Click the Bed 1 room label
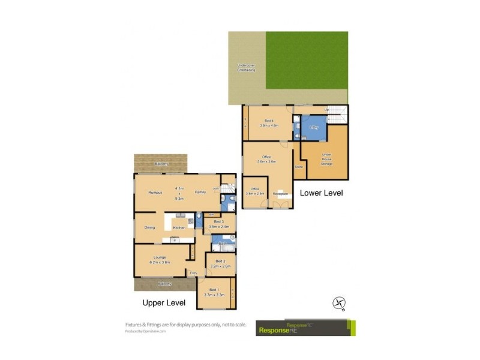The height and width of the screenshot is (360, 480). (x=214, y=292)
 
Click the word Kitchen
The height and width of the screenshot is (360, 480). (x=179, y=228)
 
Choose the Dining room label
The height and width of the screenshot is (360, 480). (x=149, y=227)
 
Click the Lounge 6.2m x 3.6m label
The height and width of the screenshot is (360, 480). (x=160, y=259)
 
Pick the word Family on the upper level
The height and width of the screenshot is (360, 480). (x=200, y=192)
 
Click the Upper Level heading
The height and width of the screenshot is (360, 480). (x=164, y=302)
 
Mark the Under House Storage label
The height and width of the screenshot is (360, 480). (x=326, y=158)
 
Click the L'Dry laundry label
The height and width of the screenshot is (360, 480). (x=313, y=128)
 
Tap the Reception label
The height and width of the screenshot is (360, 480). (x=280, y=194)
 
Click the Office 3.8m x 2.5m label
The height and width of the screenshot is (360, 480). (x=254, y=191)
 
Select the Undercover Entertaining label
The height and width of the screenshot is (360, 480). (x=246, y=68)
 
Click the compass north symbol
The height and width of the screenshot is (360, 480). (x=338, y=303)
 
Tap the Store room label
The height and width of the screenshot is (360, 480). (x=298, y=167)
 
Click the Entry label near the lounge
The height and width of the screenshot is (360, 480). (x=193, y=274)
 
